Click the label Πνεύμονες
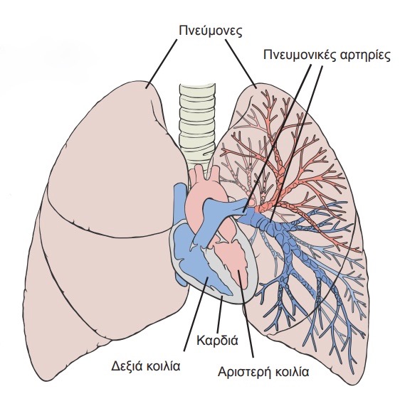211,31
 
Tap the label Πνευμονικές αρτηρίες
327,55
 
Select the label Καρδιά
218,340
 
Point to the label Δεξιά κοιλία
146,365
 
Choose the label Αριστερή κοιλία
263,372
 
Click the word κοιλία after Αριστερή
292,372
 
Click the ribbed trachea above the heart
197,126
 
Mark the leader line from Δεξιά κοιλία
196,314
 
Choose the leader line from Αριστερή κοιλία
246,314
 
